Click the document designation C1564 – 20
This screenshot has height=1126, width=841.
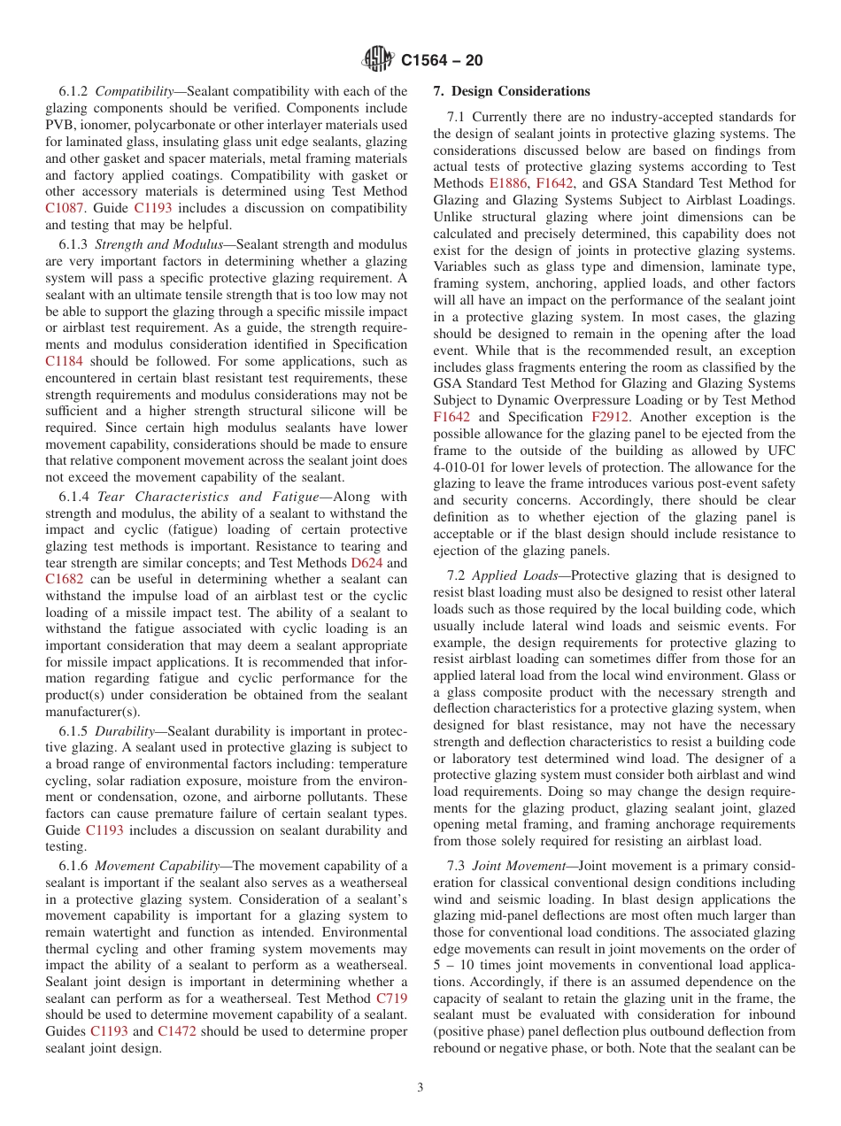click(x=442, y=61)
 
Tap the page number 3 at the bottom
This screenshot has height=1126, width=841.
click(x=420, y=1087)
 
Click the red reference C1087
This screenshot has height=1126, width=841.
click(x=65, y=208)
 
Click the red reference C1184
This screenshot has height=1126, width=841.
click(x=65, y=361)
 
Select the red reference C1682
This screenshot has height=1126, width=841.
click(x=65, y=580)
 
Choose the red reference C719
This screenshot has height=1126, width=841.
click(x=391, y=999)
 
